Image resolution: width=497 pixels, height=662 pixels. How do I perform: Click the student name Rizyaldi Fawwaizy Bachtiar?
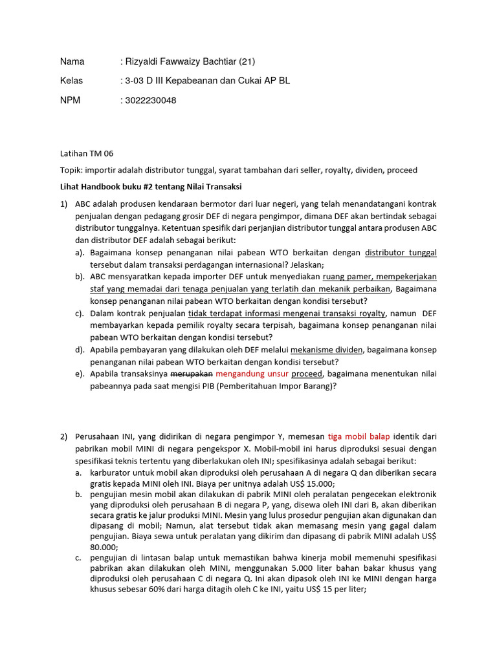click(188, 62)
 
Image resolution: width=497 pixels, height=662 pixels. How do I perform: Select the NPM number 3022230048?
click(148, 101)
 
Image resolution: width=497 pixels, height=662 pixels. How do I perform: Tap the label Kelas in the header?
click(72, 81)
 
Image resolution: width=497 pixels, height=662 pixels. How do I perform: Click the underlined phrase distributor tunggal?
click(401, 253)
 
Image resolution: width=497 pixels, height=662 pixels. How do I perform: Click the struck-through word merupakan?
click(192, 374)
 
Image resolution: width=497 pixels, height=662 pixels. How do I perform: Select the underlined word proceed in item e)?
click(307, 374)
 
